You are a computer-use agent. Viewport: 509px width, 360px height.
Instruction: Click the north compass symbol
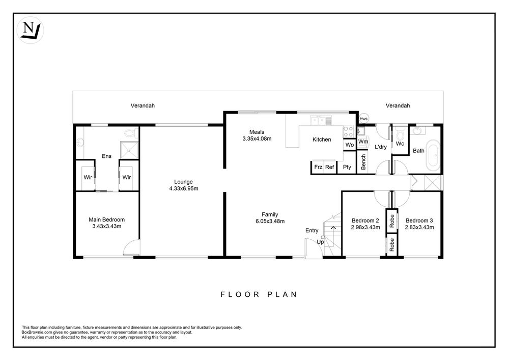tap(30, 30)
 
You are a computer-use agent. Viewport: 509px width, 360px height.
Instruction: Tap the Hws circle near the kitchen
tap(363, 119)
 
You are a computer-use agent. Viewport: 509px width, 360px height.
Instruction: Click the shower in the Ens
tap(129, 150)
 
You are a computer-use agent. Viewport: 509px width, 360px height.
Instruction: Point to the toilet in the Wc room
tap(400, 133)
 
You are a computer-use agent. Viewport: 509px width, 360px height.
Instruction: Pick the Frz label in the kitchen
tap(318, 167)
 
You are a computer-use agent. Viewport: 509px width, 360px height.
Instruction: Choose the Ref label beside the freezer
tap(329, 167)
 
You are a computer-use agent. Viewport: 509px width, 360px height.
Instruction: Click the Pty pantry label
tap(347, 167)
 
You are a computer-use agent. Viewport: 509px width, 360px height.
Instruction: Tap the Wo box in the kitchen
tap(350, 145)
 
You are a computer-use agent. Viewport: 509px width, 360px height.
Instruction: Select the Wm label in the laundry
tap(363, 142)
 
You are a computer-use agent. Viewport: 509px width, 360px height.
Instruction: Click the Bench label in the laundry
tap(363, 161)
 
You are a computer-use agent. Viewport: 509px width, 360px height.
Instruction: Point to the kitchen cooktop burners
tap(348, 131)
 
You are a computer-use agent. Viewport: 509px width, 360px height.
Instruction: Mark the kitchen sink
tap(321, 121)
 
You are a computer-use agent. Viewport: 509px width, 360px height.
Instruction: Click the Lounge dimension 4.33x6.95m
tap(184, 188)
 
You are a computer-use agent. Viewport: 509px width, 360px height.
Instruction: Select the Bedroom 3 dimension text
tap(419, 227)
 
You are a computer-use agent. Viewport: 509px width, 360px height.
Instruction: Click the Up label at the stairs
tap(320, 242)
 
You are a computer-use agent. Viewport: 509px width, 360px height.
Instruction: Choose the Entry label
tap(312, 231)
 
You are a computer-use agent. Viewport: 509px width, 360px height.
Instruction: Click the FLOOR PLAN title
tap(259, 294)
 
